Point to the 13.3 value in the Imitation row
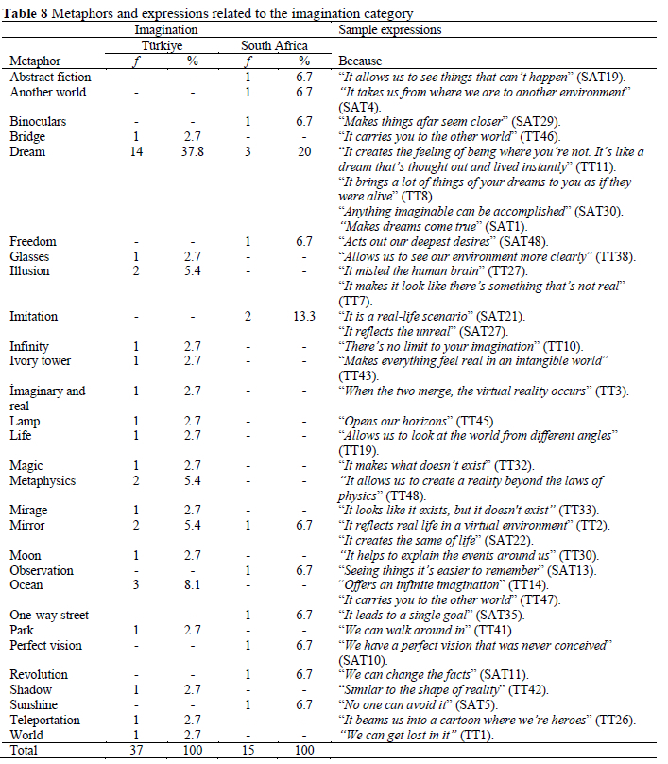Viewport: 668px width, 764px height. point(303,316)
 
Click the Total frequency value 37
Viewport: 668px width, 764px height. point(137,751)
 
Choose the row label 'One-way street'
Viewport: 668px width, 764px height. point(49,616)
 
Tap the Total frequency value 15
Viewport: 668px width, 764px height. point(247,751)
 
